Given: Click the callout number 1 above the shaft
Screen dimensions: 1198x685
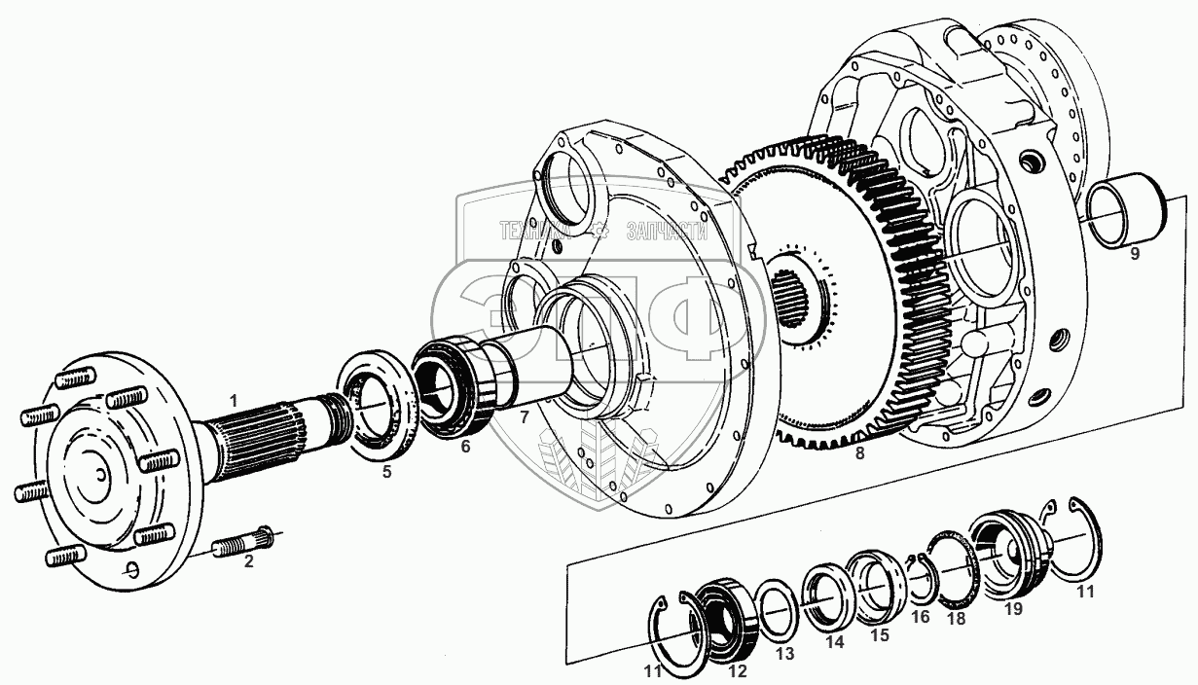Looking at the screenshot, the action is (x=233, y=399).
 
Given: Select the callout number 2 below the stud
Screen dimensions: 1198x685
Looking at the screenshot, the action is (x=248, y=560).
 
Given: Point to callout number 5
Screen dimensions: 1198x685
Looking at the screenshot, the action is (x=386, y=473).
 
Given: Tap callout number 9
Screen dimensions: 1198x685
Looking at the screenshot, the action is (x=1135, y=255).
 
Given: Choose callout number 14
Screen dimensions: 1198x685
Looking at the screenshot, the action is (x=834, y=643).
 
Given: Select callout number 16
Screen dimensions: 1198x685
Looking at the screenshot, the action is (x=920, y=617).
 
